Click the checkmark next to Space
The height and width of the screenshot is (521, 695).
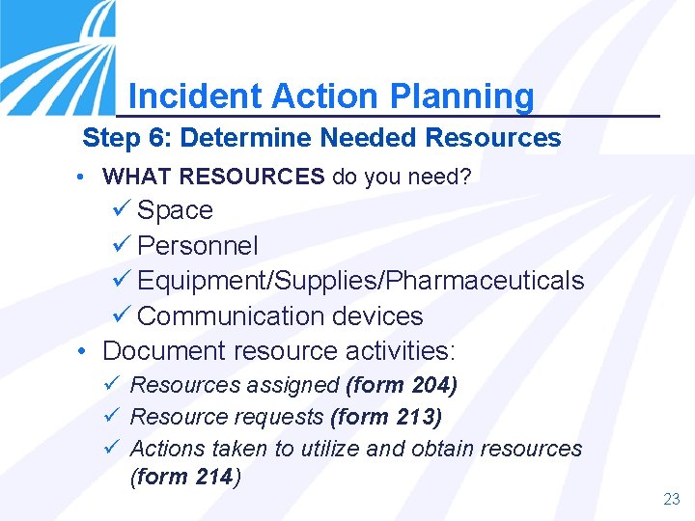122,209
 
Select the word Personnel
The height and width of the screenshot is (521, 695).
198,245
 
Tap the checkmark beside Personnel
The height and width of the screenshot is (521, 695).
122,245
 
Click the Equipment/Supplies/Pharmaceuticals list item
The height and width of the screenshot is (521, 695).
360,281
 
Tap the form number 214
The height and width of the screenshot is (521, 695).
213,476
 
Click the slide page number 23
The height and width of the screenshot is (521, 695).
672,499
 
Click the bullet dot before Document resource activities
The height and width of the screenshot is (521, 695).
84,350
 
